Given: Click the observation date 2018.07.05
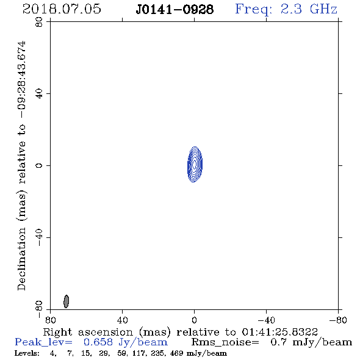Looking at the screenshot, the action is click(62, 9).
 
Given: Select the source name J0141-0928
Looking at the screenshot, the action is click(175, 10).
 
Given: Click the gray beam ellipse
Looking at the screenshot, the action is click(66, 301).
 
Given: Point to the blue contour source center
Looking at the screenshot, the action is click(195, 164).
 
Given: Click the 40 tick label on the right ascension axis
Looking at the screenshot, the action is click(122, 320).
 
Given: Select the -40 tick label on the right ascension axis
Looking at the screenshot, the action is click(266, 320).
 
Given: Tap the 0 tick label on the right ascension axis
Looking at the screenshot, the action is click(194, 320).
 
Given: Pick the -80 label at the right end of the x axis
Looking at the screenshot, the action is click(338, 320).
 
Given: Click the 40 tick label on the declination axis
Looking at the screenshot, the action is click(39, 94).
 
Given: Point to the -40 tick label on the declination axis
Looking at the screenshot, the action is click(39, 237).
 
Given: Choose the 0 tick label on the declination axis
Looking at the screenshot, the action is click(39, 165).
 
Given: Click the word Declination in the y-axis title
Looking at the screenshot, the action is click(21, 259).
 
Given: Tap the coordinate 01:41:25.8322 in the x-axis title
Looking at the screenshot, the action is click(279, 332).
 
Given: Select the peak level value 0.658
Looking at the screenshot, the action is click(98, 342).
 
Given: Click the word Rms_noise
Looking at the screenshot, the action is click(225, 342).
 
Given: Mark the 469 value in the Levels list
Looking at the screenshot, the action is click(176, 353).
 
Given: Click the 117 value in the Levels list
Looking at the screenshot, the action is click(139, 353).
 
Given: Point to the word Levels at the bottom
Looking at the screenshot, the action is click(27, 353).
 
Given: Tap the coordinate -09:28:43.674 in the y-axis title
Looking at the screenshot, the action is click(21, 79).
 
